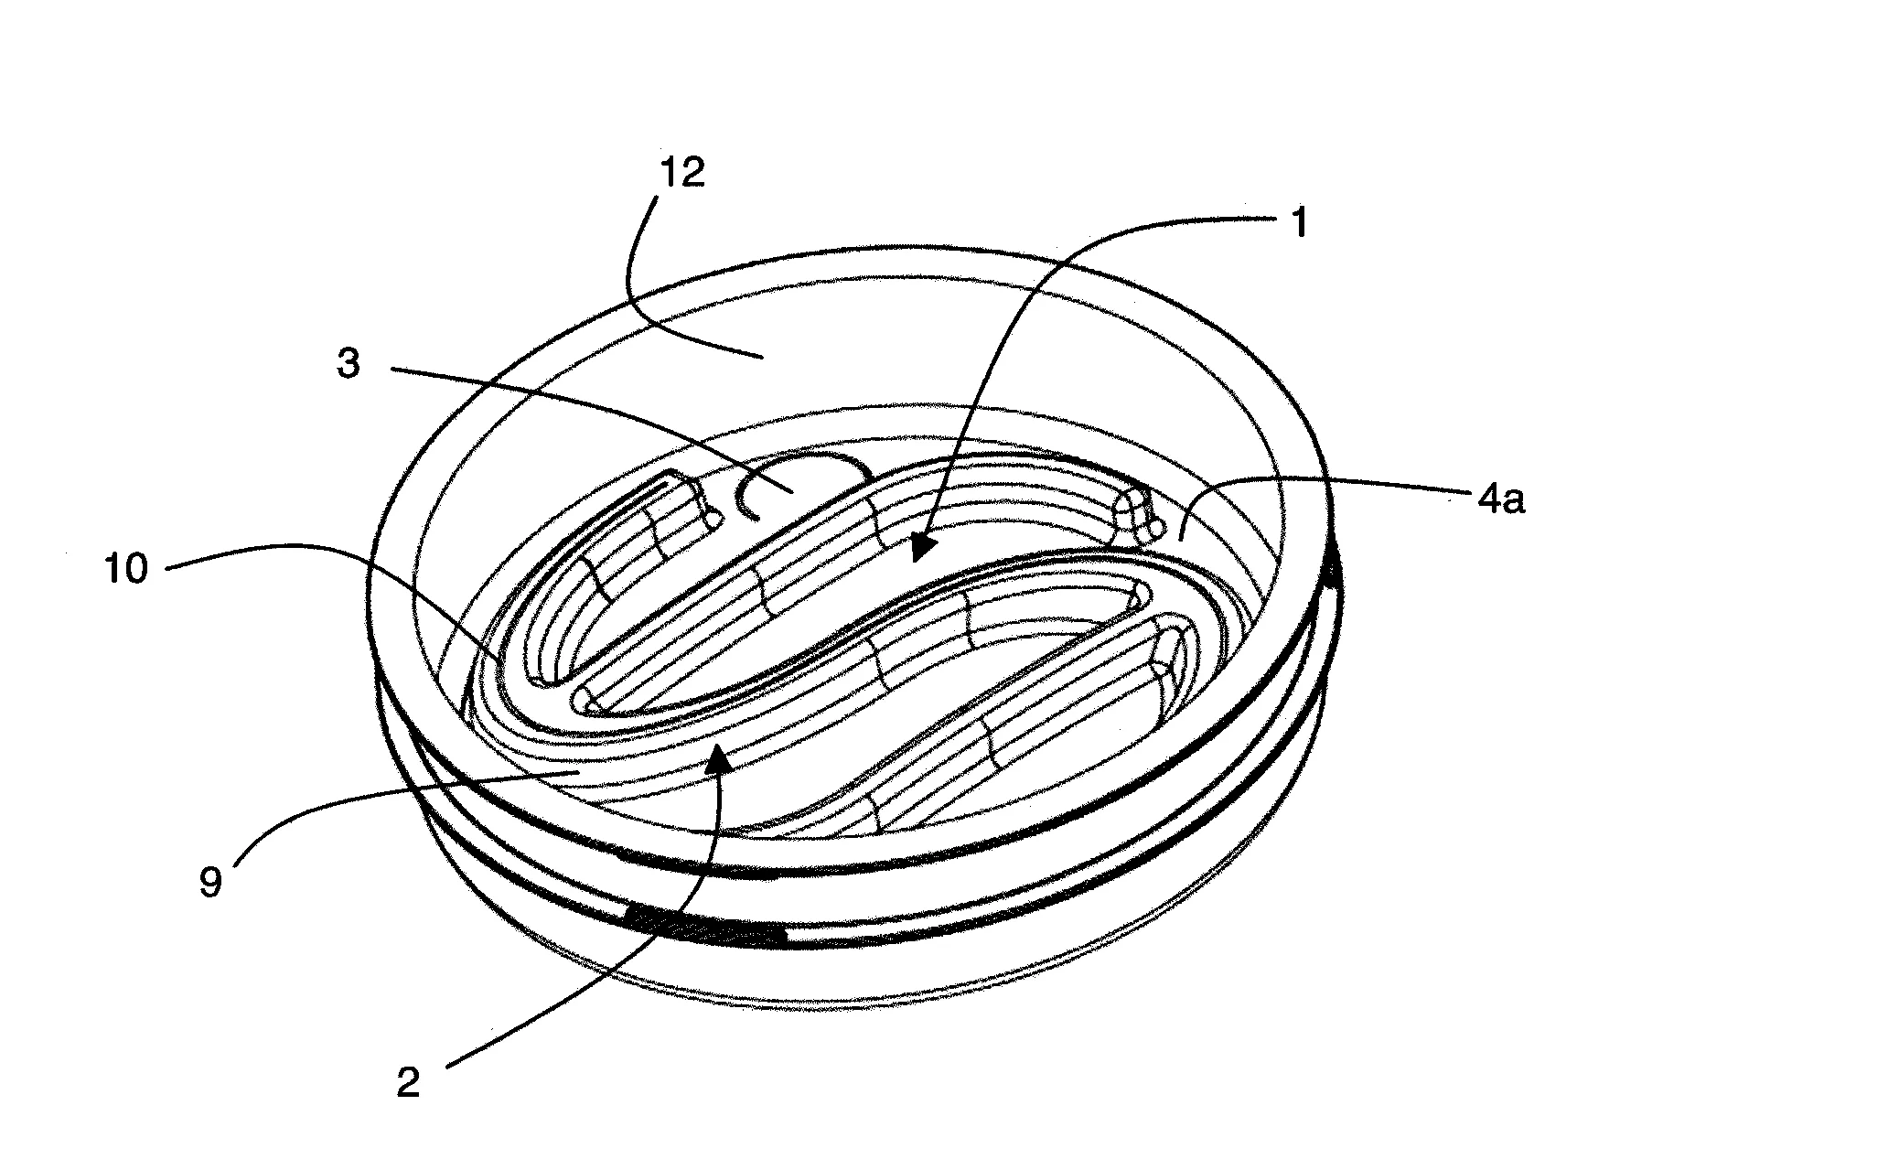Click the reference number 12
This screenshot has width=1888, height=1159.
[x=683, y=171]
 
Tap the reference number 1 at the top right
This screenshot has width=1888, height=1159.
[x=1299, y=222]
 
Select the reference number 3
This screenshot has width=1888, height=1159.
[x=349, y=364]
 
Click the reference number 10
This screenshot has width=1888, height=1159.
[x=127, y=568]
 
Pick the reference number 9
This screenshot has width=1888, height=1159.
[x=210, y=882]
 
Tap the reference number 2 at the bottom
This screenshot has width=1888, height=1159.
[x=407, y=1082]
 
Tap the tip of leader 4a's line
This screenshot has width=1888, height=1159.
[x=1180, y=541]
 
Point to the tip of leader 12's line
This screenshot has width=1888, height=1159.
[x=762, y=358]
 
